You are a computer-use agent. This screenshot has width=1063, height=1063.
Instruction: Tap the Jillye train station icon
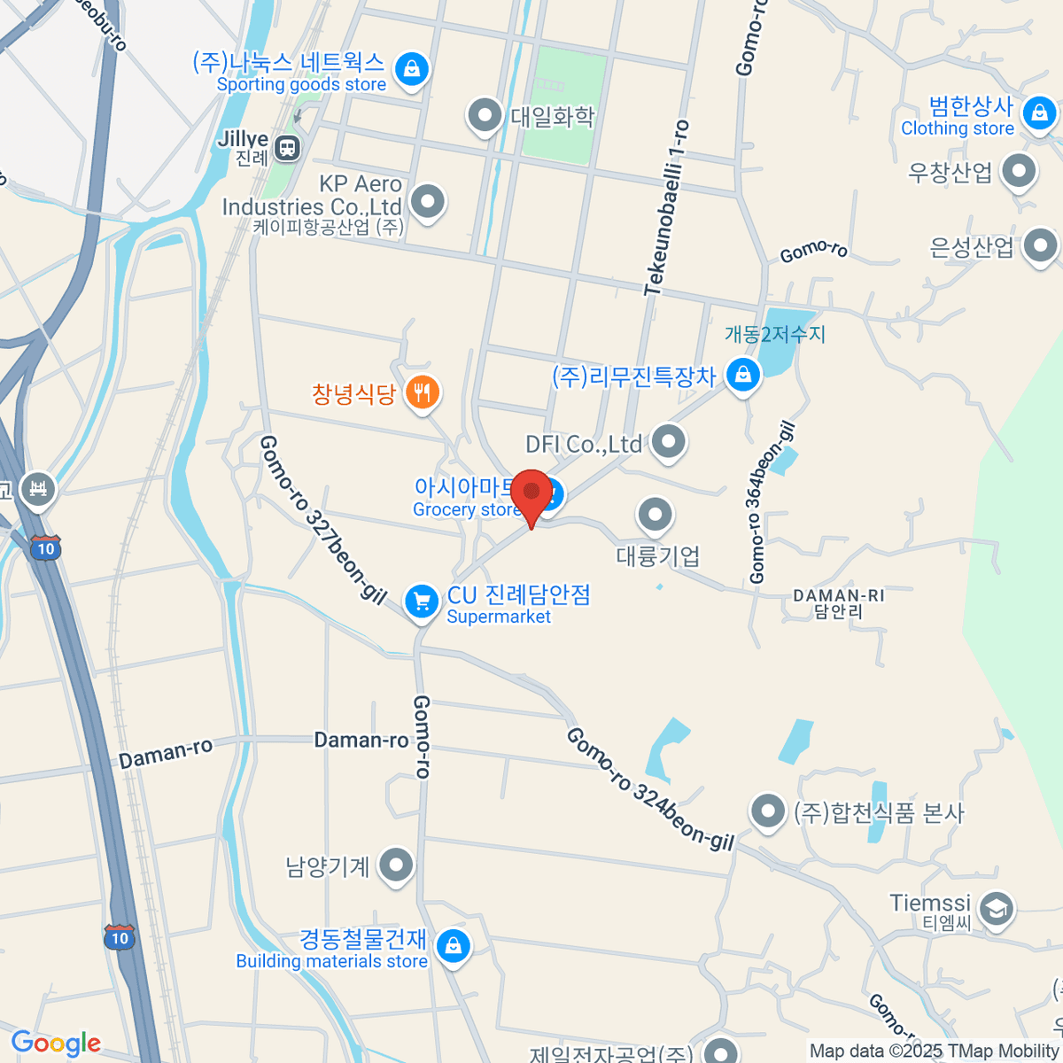pyautogui.click(x=287, y=147)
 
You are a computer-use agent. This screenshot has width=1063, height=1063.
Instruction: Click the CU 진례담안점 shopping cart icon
pyautogui.click(x=422, y=602)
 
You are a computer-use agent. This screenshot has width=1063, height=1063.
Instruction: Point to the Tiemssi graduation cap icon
pyautogui.click(x=997, y=909)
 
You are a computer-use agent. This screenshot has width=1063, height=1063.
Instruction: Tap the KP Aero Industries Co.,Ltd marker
pyautogui.click(x=428, y=201)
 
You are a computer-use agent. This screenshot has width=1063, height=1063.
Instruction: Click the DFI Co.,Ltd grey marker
pyautogui.click(x=668, y=440)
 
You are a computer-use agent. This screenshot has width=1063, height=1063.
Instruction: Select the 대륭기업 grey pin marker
pyautogui.click(x=655, y=514)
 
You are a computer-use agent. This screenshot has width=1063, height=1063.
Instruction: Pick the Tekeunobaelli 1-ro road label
pyautogui.click(x=667, y=208)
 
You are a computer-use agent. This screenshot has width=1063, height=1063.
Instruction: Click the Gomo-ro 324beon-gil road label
pyautogui.click(x=650, y=788)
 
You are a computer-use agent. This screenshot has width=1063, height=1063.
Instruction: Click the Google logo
pyautogui.click(x=56, y=1044)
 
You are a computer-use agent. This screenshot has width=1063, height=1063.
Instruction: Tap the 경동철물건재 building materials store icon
pyautogui.click(x=454, y=946)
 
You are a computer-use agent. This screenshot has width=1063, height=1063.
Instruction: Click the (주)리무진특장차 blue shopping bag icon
pyautogui.click(x=742, y=375)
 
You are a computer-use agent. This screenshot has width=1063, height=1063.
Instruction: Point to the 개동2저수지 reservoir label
pyautogui.click(x=774, y=334)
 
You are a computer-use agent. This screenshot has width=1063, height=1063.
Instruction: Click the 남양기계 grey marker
pyautogui.click(x=396, y=865)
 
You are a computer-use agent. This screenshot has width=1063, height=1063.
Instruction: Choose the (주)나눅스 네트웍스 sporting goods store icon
pyautogui.click(x=411, y=68)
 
